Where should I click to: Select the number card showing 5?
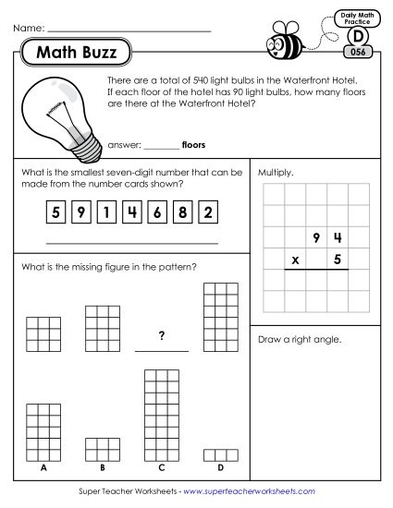[56, 212]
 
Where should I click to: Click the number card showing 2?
[209, 212]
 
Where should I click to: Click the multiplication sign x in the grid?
[295, 260]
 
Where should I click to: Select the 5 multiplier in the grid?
[338, 260]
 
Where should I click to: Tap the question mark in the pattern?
[161, 336]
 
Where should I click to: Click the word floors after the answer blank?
[193, 145]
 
